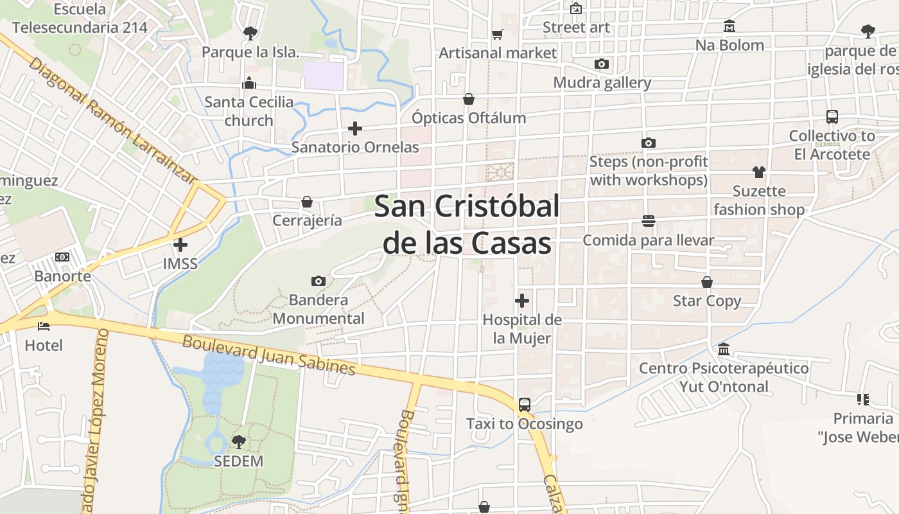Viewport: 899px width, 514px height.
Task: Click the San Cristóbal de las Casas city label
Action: (x=467, y=225)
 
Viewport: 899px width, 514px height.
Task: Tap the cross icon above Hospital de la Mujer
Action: (x=522, y=300)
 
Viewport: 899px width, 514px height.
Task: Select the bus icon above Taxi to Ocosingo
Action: (x=525, y=405)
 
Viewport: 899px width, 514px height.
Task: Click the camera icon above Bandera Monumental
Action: (x=318, y=281)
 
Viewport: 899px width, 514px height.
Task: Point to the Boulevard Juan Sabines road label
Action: (x=268, y=354)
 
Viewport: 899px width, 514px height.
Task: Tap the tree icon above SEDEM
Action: (x=239, y=442)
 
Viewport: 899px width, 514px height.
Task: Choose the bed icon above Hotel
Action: (x=44, y=326)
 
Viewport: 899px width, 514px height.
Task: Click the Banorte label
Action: (x=62, y=276)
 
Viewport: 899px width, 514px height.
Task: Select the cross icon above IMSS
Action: (x=180, y=244)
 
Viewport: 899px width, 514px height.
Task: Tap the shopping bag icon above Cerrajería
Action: (x=307, y=202)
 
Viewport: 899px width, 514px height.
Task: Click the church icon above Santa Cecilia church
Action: (x=249, y=83)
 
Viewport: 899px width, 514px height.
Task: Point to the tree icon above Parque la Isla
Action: (x=250, y=33)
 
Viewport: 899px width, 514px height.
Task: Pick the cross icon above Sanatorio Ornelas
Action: (x=354, y=128)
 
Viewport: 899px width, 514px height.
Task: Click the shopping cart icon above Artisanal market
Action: (x=497, y=34)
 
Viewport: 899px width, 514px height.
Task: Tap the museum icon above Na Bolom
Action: (x=729, y=26)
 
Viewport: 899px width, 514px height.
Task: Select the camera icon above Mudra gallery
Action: (x=602, y=64)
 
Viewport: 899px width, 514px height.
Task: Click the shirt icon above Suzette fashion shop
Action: (x=759, y=172)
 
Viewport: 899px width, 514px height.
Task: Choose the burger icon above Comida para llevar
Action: (x=648, y=222)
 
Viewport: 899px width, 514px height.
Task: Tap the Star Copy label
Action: (x=707, y=301)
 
